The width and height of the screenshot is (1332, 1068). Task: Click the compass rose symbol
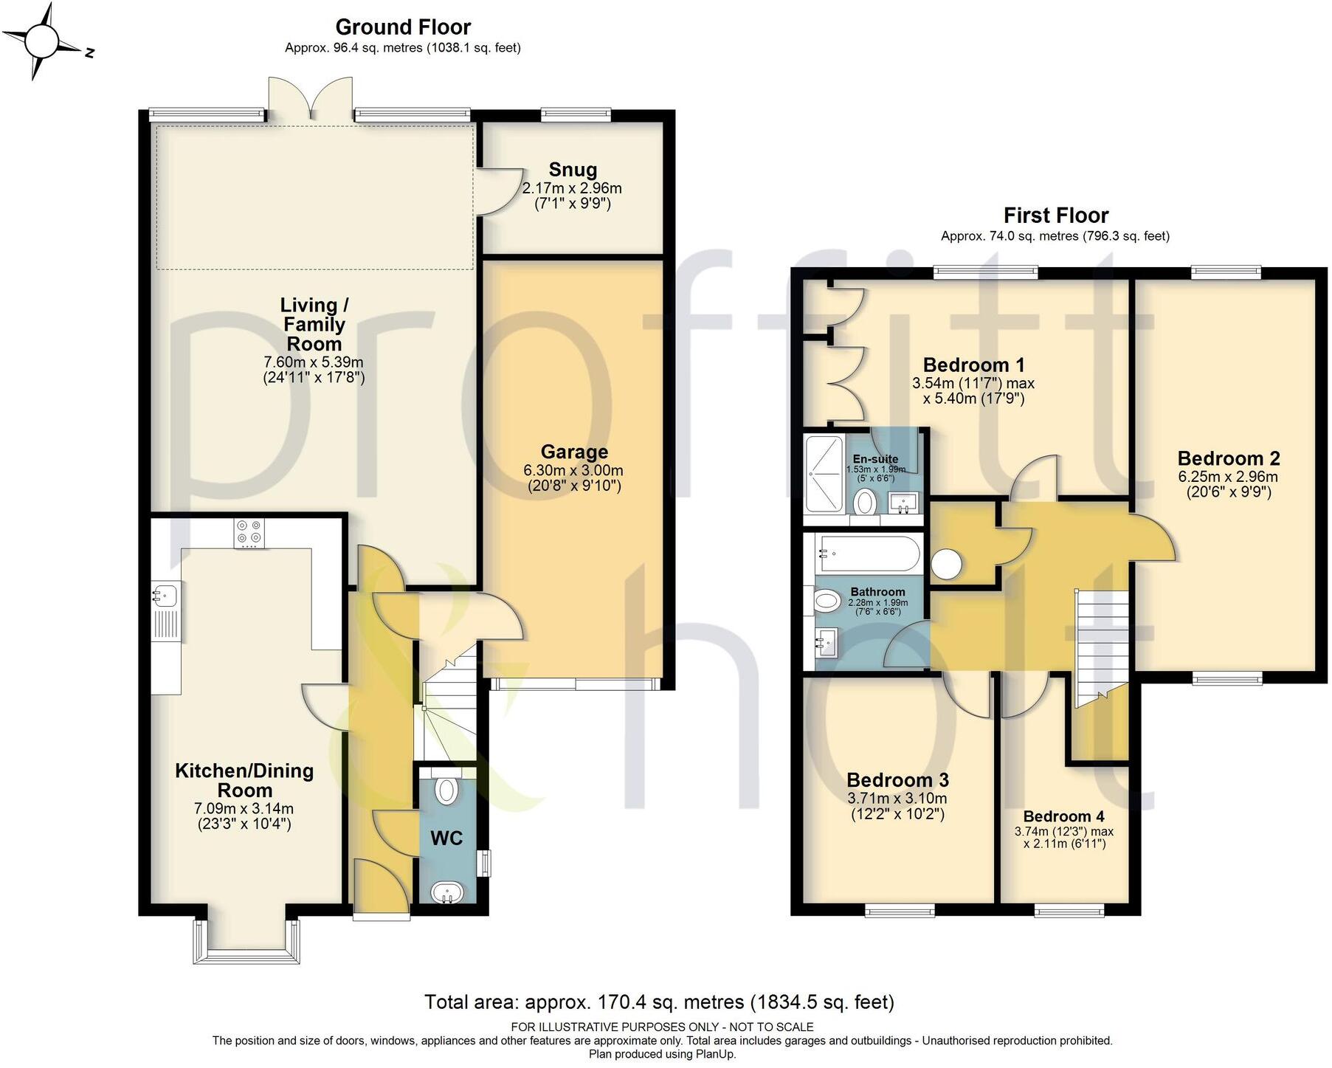pyautogui.click(x=42, y=42)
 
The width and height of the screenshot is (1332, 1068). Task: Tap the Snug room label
pyautogui.click(x=573, y=170)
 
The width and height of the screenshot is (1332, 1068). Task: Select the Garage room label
pyautogui.click(x=574, y=452)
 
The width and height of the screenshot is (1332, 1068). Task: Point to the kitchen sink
pyautogui.click(x=166, y=593)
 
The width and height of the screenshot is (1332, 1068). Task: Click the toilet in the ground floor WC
pyautogui.click(x=446, y=790)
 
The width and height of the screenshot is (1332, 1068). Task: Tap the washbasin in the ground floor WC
pyautogui.click(x=446, y=892)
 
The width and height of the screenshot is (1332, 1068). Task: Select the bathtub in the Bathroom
pyautogui.click(x=867, y=553)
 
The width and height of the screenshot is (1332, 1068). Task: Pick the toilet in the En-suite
pyautogui.click(x=864, y=503)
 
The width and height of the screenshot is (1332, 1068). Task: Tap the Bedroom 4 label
pyautogui.click(x=1063, y=816)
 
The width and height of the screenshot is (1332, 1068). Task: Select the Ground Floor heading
pyautogui.click(x=403, y=27)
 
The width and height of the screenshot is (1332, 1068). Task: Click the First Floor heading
pyautogui.click(x=1055, y=216)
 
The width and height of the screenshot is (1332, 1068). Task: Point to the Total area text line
pyautogui.click(x=659, y=1002)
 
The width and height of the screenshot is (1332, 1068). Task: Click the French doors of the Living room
pyautogui.click(x=311, y=100)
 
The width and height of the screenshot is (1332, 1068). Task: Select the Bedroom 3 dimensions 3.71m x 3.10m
pyautogui.click(x=897, y=798)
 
